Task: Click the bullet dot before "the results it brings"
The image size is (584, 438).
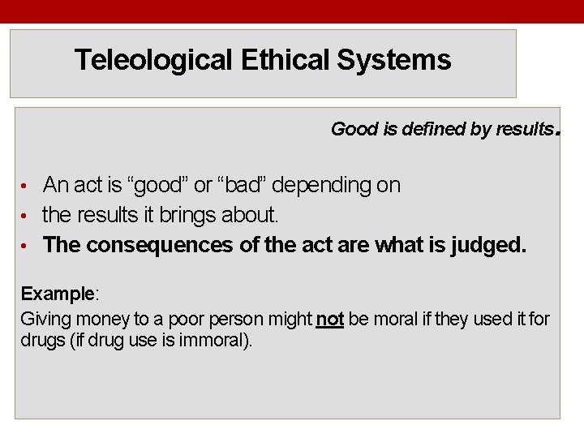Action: [25, 217]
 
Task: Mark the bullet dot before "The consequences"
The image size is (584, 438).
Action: [25, 246]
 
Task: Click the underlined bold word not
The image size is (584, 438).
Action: [330, 320]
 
